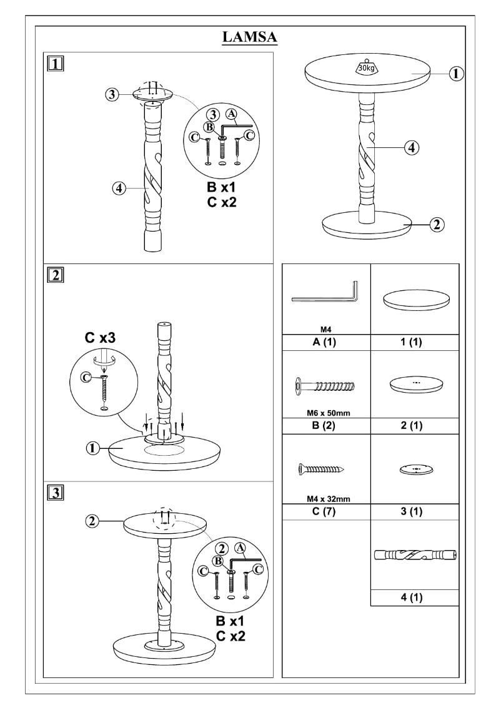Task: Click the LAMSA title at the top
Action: [x=250, y=38]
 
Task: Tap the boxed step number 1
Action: [x=56, y=64]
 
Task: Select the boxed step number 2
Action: [x=56, y=275]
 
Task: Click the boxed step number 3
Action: [x=56, y=493]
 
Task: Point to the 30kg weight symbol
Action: [x=365, y=67]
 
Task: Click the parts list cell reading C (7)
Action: [x=326, y=512]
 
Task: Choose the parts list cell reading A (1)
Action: [x=326, y=342]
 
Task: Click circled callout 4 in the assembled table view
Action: [x=411, y=148]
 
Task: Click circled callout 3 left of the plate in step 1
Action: [x=111, y=95]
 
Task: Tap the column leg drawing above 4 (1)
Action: [x=415, y=554]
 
